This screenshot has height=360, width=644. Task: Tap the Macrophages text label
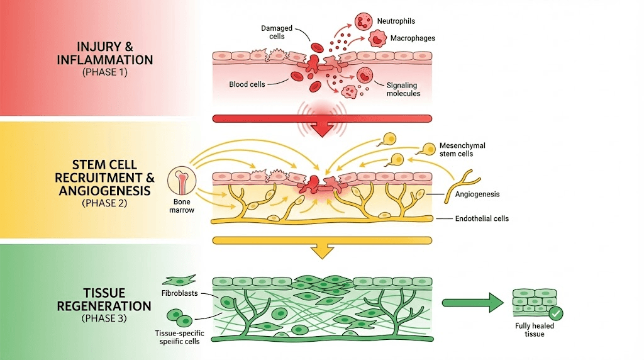pyautogui.click(x=413, y=38)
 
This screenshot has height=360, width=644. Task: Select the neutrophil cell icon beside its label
pyautogui.click(x=364, y=21)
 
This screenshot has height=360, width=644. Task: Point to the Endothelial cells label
pyautogui.click(x=482, y=219)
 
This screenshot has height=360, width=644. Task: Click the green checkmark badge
pyautogui.click(x=555, y=313)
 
